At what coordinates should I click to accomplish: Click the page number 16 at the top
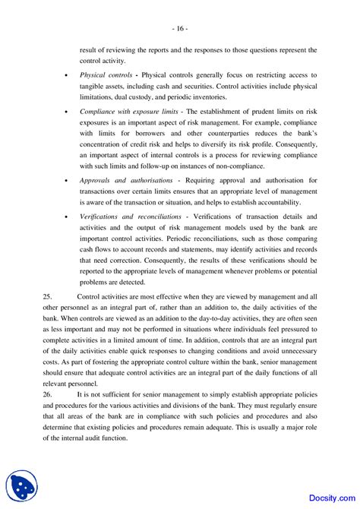[179, 29]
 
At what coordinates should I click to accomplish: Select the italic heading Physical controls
[106, 75]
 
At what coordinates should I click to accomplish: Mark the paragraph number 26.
[48, 395]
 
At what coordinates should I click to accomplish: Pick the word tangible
[96, 87]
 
